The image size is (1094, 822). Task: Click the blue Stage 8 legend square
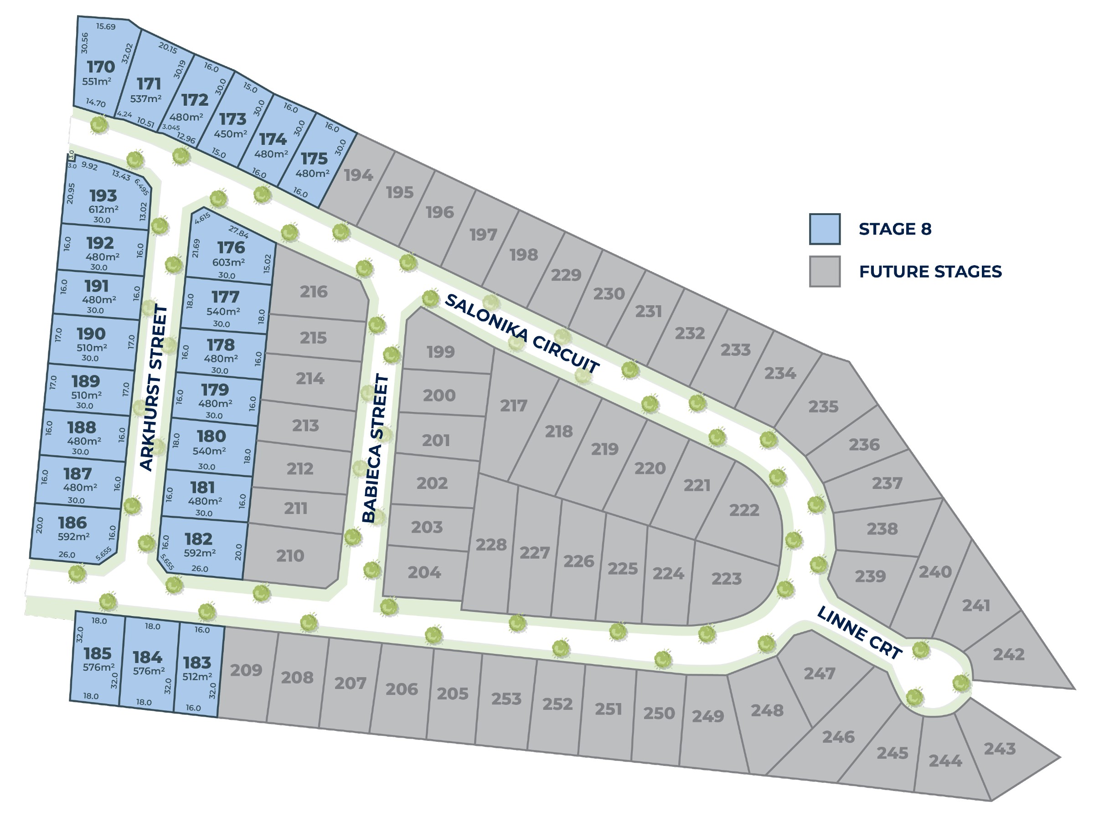(x=825, y=229)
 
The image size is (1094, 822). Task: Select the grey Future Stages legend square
(x=825, y=272)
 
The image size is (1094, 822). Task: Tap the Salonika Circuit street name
(x=522, y=333)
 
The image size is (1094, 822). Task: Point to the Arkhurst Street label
(x=154, y=388)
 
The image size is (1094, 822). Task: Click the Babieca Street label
(x=376, y=448)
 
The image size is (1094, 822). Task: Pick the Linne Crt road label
(x=859, y=633)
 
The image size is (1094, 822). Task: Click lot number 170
(x=101, y=67)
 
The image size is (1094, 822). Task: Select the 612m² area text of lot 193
(x=103, y=209)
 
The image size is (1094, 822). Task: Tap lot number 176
(x=231, y=247)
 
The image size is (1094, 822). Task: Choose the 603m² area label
(x=228, y=262)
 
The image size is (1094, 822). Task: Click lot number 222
(x=744, y=510)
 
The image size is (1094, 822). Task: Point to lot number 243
(x=1000, y=749)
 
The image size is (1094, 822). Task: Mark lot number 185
(x=98, y=653)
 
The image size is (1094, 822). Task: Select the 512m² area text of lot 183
(x=197, y=676)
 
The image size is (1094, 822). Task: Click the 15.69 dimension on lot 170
(x=106, y=26)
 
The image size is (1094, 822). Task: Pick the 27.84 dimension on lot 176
(x=238, y=231)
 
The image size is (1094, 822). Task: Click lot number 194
(x=359, y=175)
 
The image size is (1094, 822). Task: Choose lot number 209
(x=246, y=670)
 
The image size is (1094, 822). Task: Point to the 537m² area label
(x=146, y=99)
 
